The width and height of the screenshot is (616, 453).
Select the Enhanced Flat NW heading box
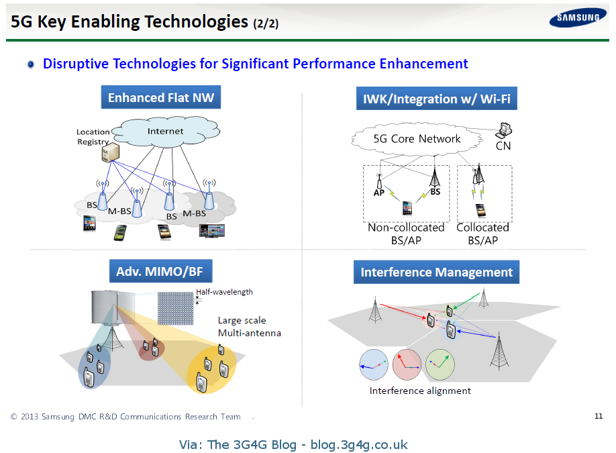click(161, 97)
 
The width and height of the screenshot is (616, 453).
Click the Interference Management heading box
click(436, 272)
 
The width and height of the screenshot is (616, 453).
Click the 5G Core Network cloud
click(417, 139)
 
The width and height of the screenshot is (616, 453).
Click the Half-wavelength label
click(224, 292)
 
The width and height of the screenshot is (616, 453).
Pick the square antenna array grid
click(175, 309)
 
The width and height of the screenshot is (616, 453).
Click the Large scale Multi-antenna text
click(249, 327)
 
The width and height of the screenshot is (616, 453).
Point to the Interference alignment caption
click(420, 391)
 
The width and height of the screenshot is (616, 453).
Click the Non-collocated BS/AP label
click(406, 234)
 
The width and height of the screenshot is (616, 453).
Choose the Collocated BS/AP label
click(482, 234)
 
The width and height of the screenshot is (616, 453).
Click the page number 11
click(599, 416)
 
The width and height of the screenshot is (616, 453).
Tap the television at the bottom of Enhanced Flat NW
click(211, 231)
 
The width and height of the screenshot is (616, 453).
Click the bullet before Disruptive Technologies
click(31, 64)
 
